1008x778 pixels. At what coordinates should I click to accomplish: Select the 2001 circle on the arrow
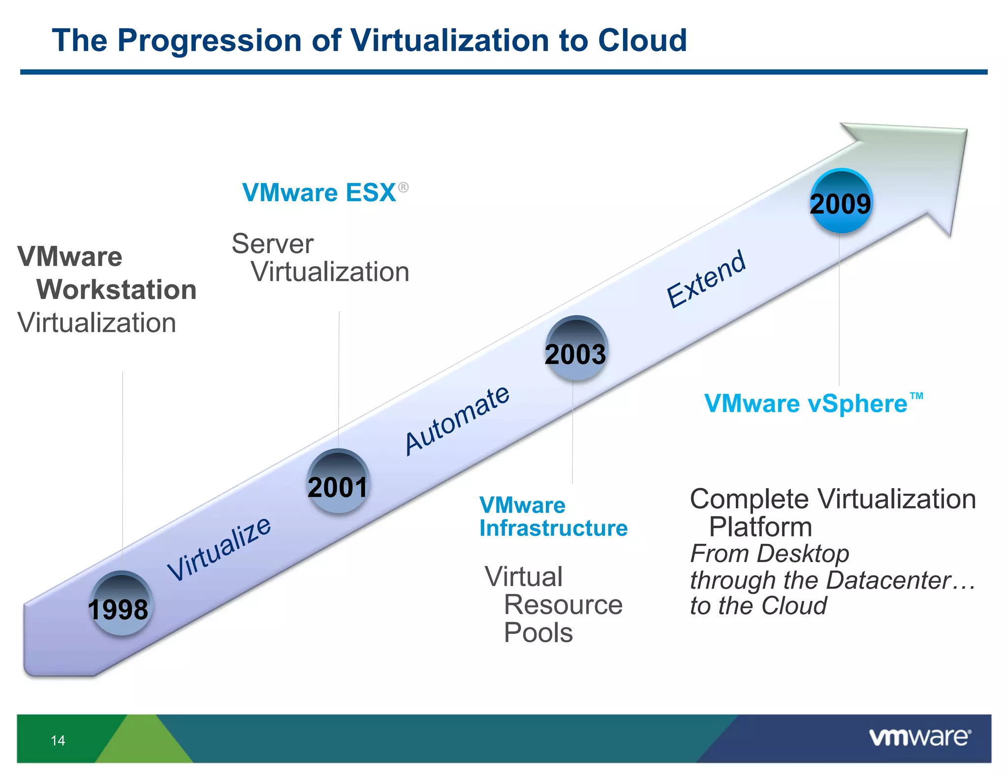click(x=338, y=481)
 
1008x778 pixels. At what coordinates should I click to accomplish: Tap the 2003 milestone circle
click(x=576, y=348)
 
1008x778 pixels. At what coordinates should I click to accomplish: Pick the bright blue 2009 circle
click(x=841, y=201)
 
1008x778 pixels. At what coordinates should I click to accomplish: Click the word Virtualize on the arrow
click(x=219, y=549)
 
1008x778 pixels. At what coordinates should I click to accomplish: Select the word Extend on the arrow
click(x=706, y=278)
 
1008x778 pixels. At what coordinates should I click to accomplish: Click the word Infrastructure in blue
click(x=553, y=528)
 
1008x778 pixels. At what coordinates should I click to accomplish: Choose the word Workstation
click(x=117, y=289)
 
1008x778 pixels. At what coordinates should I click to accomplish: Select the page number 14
click(x=58, y=740)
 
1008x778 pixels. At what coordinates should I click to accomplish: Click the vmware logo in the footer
click(x=919, y=737)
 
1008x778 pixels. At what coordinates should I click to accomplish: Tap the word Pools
click(x=538, y=632)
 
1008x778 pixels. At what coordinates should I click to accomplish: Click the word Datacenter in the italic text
click(x=888, y=580)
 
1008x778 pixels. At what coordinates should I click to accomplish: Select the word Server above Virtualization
click(x=272, y=244)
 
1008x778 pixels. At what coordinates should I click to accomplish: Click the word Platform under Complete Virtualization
click(x=760, y=527)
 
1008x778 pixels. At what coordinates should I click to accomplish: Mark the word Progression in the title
click(x=209, y=40)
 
